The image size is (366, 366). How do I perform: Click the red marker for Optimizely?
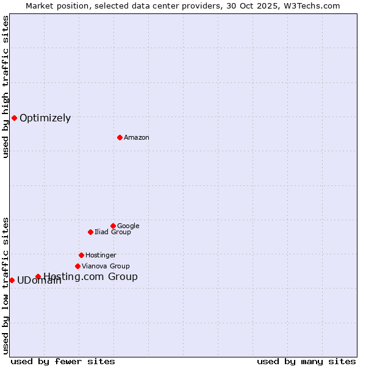click(x=14, y=118)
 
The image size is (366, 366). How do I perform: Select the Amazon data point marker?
click(x=120, y=137)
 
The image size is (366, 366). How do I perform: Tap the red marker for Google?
click(x=113, y=226)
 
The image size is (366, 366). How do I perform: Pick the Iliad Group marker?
click(x=90, y=232)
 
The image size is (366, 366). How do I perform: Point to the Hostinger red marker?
click(x=81, y=255)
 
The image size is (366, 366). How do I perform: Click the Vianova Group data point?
click(x=77, y=266)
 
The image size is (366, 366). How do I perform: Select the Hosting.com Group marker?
click(x=38, y=276)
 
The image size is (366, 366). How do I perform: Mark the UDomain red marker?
click(x=12, y=280)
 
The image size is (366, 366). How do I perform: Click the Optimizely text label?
click(x=45, y=118)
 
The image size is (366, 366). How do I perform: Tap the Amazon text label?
click(x=137, y=137)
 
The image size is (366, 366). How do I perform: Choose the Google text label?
click(x=128, y=226)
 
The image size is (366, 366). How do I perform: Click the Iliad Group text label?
click(x=113, y=232)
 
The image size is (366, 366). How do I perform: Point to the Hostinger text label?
click(x=101, y=255)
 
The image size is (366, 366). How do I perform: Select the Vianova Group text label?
click(x=106, y=266)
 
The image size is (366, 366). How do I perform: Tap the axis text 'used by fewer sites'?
click(x=63, y=361)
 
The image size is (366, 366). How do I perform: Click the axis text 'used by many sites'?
click(x=306, y=361)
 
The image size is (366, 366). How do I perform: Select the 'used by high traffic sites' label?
click(x=5, y=87)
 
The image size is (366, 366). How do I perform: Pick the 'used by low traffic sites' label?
click(x=5, y=285)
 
